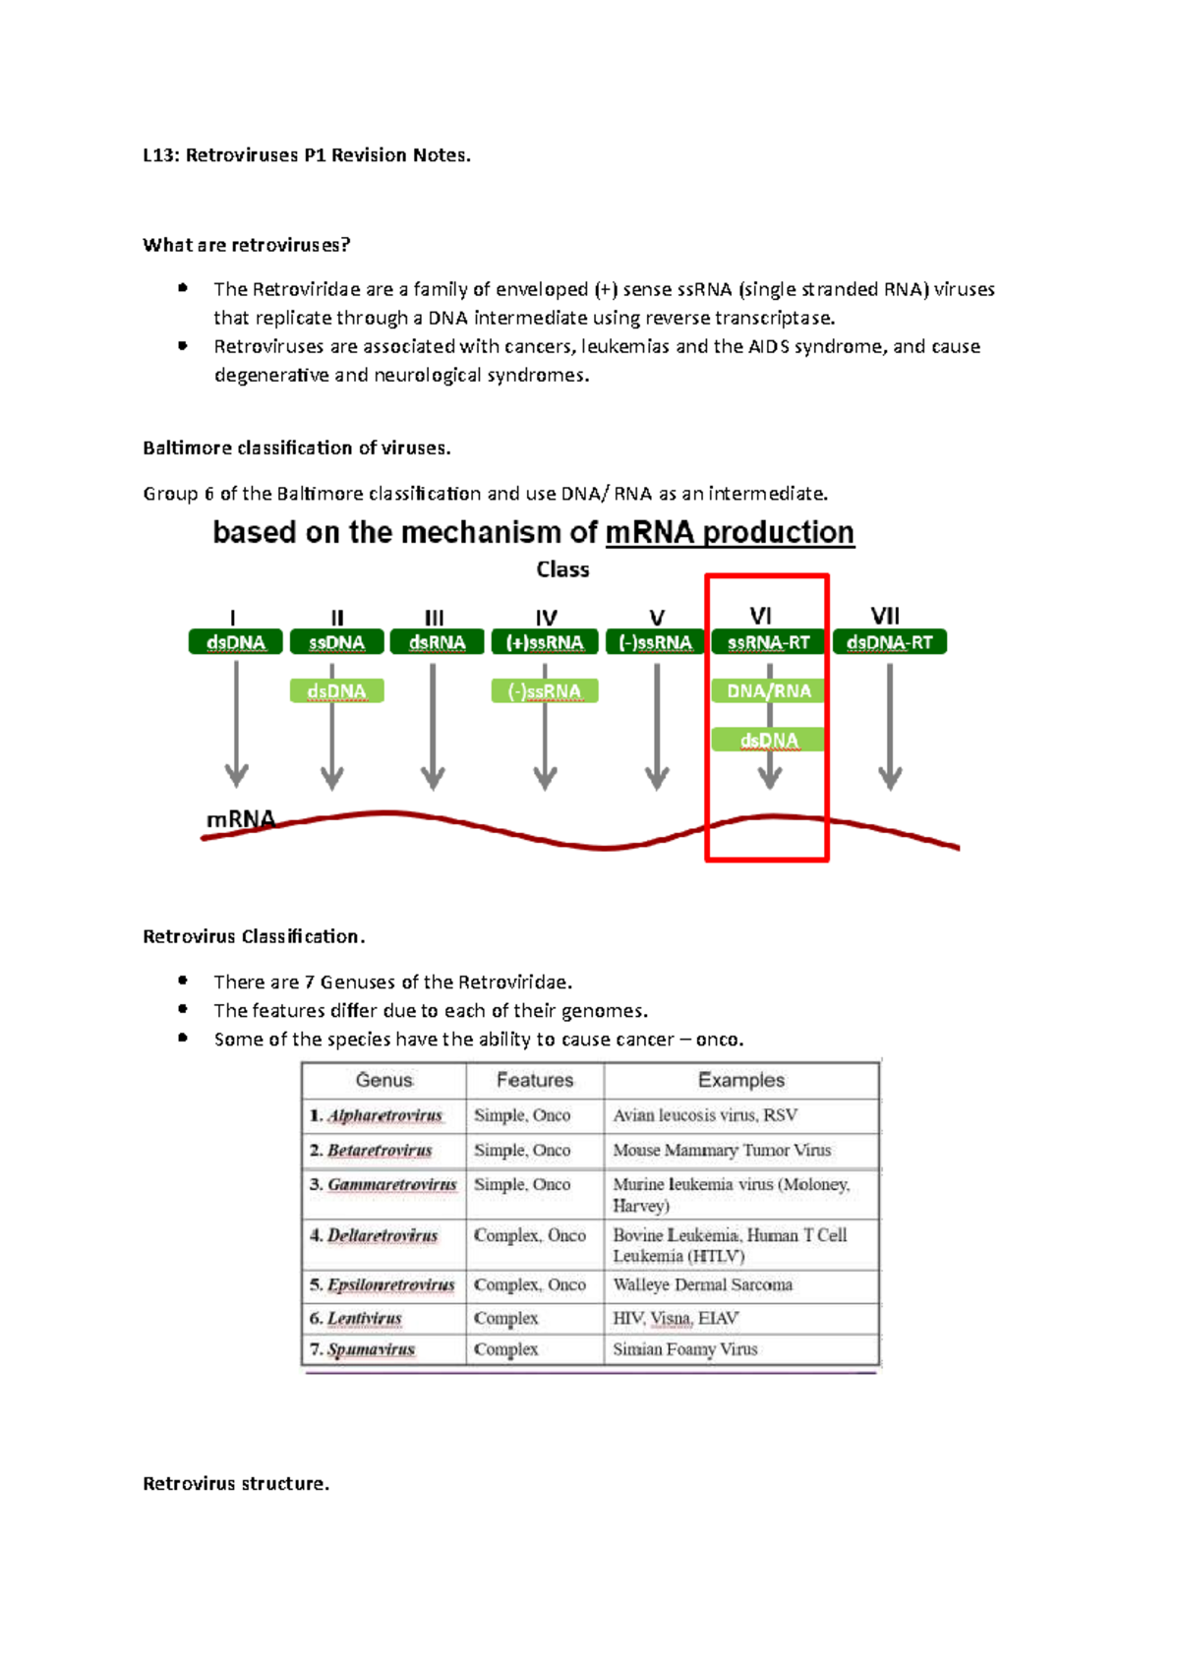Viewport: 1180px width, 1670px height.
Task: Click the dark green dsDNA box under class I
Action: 236,642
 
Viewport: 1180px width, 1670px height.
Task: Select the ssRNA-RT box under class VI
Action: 768,642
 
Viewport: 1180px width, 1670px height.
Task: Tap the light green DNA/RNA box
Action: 768,690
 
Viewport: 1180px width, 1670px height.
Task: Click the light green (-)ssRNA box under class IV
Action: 545,691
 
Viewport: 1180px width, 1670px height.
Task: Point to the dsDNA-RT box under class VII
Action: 889,642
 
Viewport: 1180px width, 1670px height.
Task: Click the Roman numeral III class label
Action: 434,618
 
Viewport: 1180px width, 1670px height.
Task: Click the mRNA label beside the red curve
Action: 240,819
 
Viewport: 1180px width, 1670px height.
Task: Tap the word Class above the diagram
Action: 562,569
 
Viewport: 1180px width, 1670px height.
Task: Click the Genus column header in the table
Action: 383,1080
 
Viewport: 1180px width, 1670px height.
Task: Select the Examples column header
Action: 741,1080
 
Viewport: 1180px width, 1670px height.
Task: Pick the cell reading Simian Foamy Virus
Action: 685,1349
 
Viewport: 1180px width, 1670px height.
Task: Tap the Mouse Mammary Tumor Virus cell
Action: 722,1150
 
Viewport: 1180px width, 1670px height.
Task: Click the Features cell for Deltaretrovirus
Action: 529,1235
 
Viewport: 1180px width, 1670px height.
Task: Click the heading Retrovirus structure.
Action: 236,1483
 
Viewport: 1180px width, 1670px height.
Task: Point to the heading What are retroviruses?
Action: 246,245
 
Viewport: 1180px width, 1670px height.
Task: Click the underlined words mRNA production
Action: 730,532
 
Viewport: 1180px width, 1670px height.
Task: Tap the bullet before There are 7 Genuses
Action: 183,981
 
